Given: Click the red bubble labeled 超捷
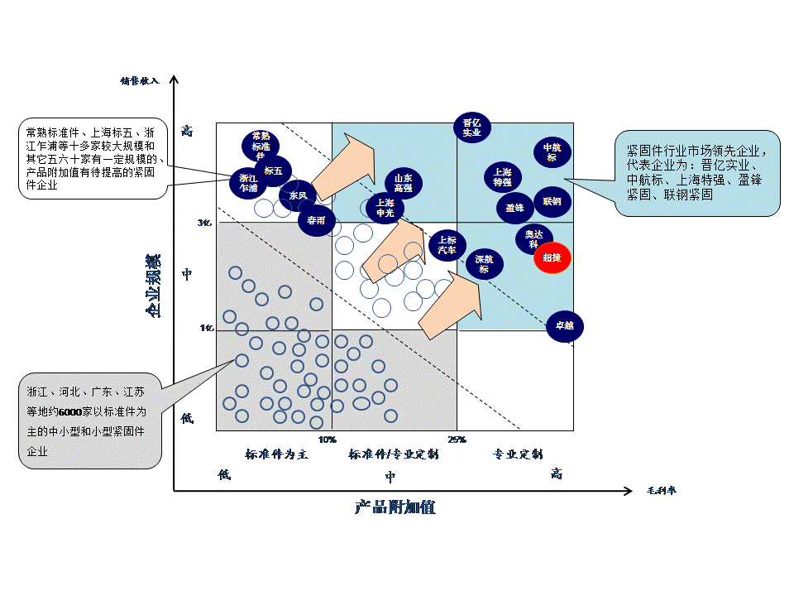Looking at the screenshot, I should coord(552,257).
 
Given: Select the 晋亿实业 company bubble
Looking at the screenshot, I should coord(471,127).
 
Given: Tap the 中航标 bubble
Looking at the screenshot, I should coord(552,152).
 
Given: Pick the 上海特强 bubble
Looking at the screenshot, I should coord(503,177).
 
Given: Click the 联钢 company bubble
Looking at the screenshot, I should coord(552,201).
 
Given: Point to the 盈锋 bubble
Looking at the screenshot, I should coord(514,208).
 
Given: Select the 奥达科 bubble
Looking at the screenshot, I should coord(533,238).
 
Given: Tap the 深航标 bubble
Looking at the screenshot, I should coord(484,263).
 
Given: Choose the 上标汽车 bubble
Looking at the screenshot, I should coord(447,245).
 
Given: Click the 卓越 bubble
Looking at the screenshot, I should coord(565,325).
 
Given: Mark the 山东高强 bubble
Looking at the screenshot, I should coord(403,183).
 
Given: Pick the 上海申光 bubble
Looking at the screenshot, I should coord(385,207).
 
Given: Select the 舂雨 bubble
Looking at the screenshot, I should coord(316,221).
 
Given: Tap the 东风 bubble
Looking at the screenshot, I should coord(297,196).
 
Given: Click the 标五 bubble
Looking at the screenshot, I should coord(273,171).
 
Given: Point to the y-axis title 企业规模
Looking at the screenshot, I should coord(154,286).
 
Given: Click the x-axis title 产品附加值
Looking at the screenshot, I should coord(395,507).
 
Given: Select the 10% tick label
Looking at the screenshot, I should coord(327,439).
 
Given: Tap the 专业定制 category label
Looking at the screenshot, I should coord(518,454).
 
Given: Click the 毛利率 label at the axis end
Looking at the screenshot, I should coord(662,491).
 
